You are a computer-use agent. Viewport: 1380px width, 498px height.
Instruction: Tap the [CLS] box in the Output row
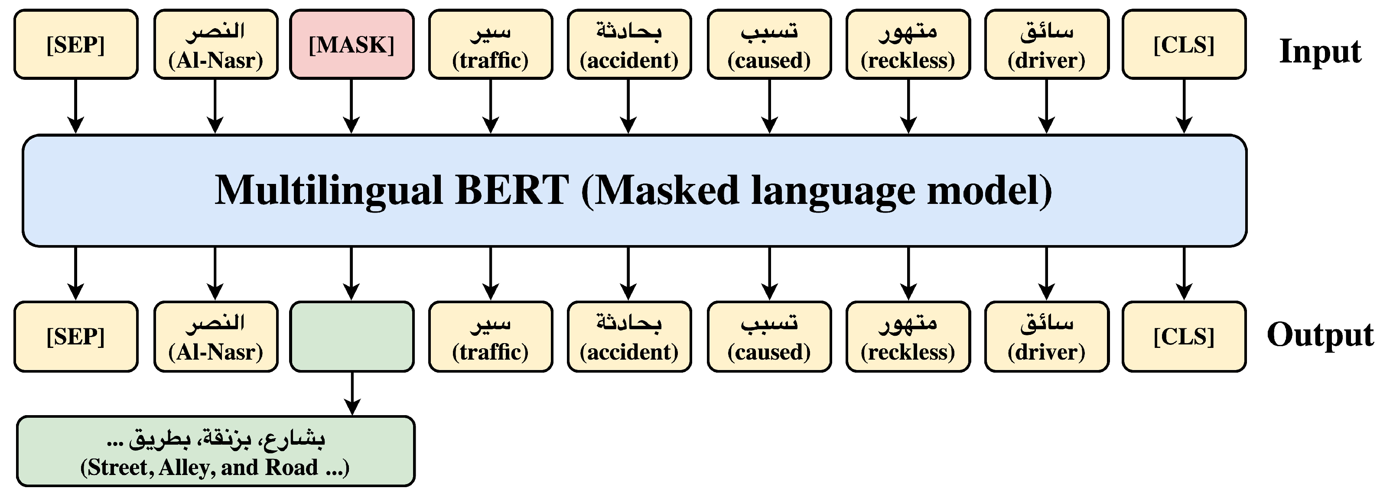tap(1184, 337)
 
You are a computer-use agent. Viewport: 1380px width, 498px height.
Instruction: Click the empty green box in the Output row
tap(352, 337)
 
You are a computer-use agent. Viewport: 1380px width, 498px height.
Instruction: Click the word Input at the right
tap(1320, 52)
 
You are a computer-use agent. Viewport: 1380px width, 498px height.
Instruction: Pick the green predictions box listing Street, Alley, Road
tap(216, 451)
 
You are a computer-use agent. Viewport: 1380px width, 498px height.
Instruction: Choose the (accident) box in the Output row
tap(629, 337)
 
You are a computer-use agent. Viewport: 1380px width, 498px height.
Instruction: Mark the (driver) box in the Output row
tap(1046, 337)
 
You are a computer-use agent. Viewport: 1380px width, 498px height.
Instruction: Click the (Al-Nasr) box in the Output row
tap(215, 337)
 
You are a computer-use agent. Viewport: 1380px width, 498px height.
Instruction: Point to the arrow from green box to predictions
tap(352, 394)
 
